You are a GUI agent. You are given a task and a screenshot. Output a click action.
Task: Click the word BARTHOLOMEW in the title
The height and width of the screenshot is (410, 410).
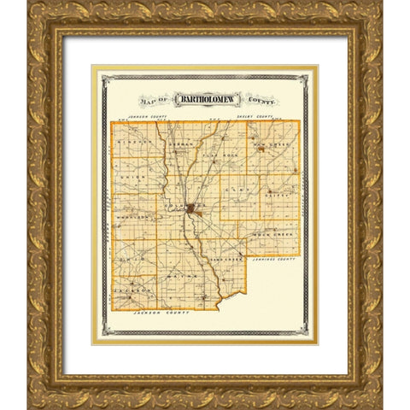[x=206, y=99]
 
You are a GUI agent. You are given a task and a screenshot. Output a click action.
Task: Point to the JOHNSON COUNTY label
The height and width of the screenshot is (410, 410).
[x=143, y=114]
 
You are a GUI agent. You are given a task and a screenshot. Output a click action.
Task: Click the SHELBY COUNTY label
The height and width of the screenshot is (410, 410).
[x=258, y=115]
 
